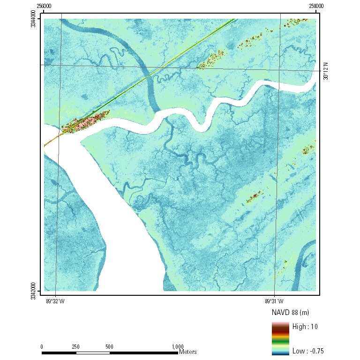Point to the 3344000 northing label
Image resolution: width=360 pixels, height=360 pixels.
33,21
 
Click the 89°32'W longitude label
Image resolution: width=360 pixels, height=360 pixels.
55,301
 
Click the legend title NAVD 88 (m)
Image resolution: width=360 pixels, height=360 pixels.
290,312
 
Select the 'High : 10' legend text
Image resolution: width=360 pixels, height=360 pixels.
305,327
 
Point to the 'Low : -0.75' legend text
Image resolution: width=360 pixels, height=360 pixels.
307,351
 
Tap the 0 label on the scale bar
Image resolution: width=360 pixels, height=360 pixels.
42,346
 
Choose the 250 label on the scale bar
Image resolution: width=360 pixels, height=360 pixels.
75,346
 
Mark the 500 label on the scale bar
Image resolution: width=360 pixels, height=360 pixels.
109,346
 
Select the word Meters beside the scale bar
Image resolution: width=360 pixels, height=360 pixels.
187,352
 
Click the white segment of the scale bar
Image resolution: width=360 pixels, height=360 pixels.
92,352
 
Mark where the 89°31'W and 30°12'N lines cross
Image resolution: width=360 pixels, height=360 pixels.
279,68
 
